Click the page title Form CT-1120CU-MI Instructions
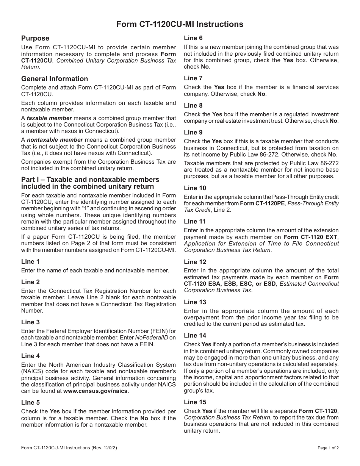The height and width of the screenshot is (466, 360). coord(180,24)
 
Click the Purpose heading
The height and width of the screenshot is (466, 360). coord(35,38)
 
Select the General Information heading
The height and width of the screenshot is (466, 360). coord(55,79)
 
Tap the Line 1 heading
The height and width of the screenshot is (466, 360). coord(30,262)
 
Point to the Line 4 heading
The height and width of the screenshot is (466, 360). coord(30,356)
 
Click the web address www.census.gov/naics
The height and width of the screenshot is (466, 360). coord(96,391)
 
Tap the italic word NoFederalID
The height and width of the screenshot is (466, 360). coord(152,338)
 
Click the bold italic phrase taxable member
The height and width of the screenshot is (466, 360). coord(49,118)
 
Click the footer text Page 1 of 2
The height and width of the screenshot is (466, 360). coord(328,448)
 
